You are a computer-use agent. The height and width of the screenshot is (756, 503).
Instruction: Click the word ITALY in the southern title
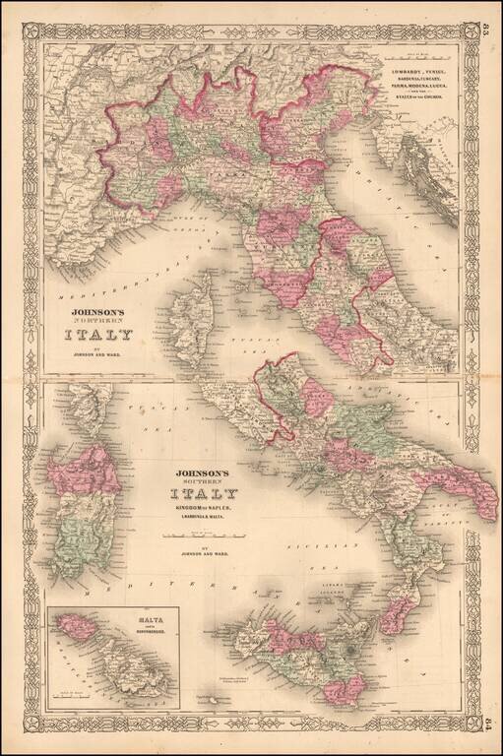204,493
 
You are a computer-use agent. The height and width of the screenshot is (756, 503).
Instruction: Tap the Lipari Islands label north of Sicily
352,585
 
